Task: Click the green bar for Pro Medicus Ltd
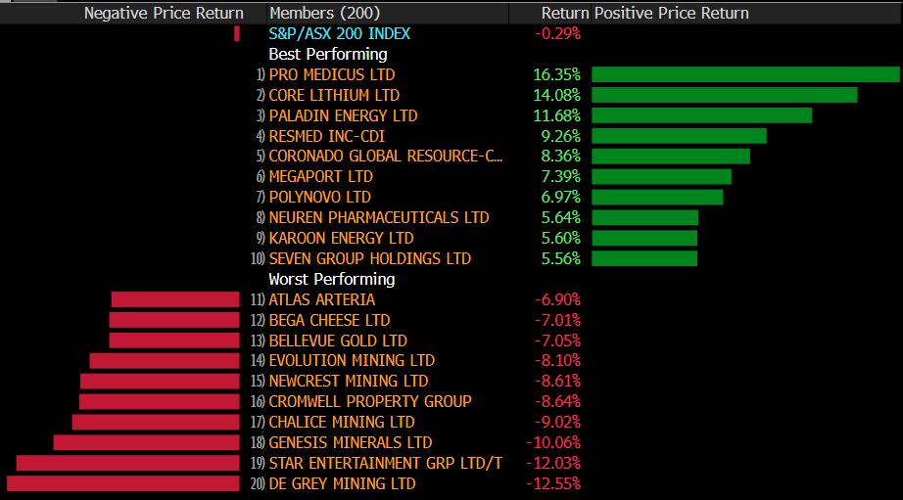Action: tap(744, 74)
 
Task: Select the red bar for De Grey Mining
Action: tap(123, 483)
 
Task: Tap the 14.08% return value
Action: tap(557, 95)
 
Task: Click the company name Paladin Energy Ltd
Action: tap(343, 115)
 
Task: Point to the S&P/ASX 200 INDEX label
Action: tap(340, 33)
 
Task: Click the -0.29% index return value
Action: tap(557, 33)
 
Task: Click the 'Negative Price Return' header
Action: tap(164, 13)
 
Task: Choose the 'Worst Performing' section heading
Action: tap(318, 279)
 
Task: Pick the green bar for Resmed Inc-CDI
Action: tap(679, 136)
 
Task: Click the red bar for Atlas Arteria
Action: tap(175, 299)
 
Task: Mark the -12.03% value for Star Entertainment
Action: tap(553, 463)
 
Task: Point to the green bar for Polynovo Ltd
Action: tap(657, 198)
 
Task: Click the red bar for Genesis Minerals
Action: tap(146, 442)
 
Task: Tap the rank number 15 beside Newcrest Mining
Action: tap(259, 382)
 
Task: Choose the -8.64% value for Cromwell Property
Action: tap(557, 401)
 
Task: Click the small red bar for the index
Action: tap(237, 33)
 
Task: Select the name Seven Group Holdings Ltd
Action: tap(370, 258)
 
